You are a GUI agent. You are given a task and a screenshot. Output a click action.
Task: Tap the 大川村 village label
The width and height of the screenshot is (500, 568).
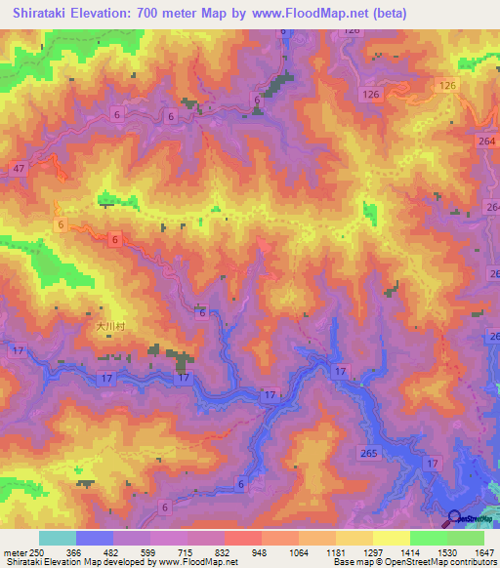[x=110, y=329]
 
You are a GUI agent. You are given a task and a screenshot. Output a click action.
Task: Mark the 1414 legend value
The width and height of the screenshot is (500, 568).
[x=411, y=551]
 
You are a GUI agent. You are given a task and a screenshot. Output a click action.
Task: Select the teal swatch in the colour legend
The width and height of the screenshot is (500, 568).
[x=58, y=538]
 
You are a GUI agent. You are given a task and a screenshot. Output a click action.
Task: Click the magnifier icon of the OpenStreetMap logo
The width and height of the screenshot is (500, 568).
[x=454, y=518]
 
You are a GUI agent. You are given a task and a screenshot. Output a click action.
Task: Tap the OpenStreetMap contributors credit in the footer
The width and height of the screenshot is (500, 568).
[x=430, y=563]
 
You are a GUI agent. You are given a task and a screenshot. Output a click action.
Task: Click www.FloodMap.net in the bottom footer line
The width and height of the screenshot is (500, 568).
[x=177, y=563]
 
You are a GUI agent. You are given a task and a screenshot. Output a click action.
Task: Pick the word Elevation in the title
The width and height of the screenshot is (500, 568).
[x=103, y=14]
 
